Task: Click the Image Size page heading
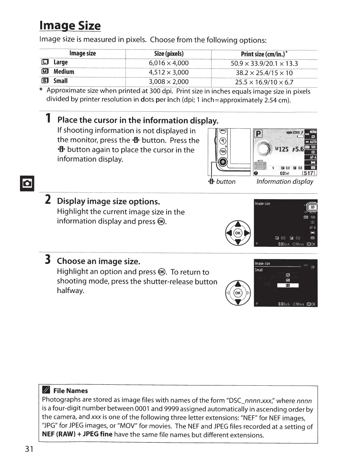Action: coord(70,26)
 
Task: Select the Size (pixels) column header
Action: coord(169,54)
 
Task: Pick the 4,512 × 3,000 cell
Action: coord(169,72)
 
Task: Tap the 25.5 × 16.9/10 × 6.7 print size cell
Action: coord(264,82)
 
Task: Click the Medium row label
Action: coord(64,72)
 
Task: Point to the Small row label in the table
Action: coord(60,81)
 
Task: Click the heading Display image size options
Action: coord(109,202)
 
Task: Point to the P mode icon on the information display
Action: coord(258,134)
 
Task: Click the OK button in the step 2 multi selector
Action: coord(238,233)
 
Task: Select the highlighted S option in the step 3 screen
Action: coord(288,285)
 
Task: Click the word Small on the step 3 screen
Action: coord(259,270)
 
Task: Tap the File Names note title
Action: coord(71,391)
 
